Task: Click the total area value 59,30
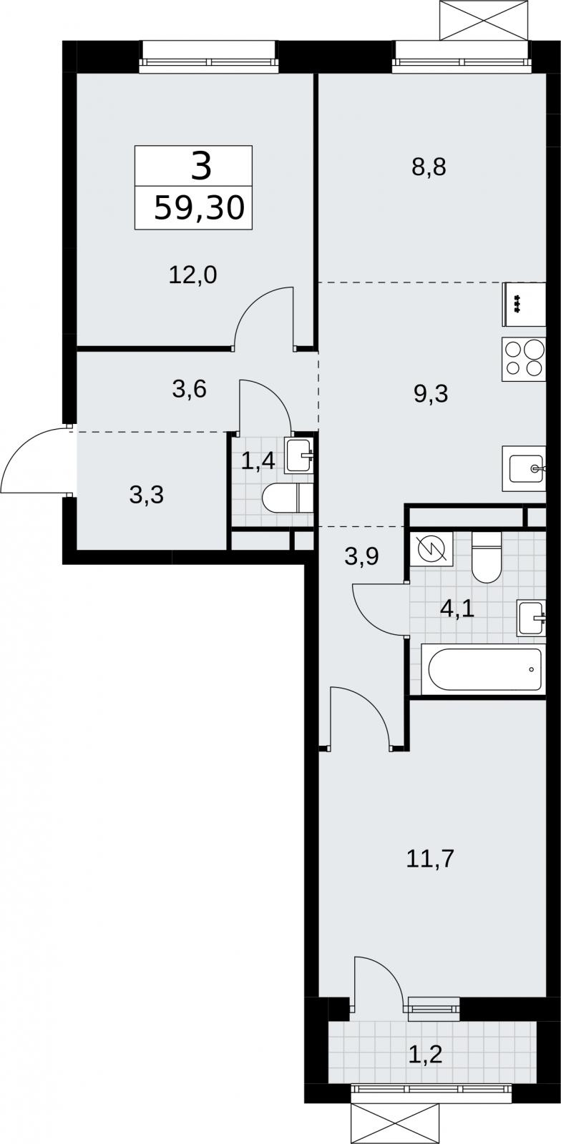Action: [x=199, y=209]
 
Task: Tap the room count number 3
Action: [x=201, y=167]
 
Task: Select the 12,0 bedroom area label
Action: [x=193, y=275]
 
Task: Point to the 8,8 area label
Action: [x=429, y=167]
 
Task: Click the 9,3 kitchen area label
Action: [x=430, y=394]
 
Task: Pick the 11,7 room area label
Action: [x=430, y=859]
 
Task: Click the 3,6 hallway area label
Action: [x=189, y=390]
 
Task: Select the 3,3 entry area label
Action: [x=147, y=495]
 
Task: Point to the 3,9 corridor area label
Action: [x=361, y=557]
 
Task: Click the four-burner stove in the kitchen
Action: [x=525, y=358]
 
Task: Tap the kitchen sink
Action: [x=525, y=468]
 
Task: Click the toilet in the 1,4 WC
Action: [x=287, y=498]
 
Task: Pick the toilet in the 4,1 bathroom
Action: [x=487, y=557]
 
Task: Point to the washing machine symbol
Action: [x=431, y=549]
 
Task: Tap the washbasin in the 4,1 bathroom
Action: [x=532, y=618]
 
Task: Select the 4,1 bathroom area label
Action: [x=458, y=610]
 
